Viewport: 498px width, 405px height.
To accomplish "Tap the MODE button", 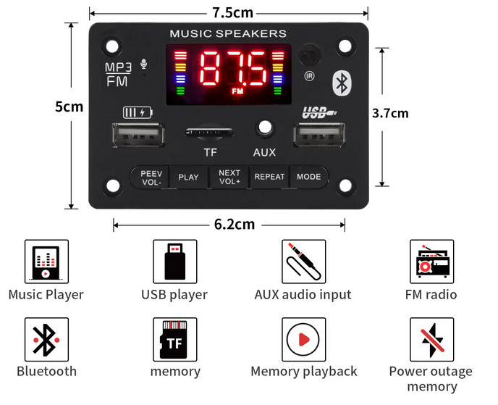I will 308,177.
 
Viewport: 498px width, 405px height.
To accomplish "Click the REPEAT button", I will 269,177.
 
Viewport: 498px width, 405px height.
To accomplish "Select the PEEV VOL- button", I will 151,178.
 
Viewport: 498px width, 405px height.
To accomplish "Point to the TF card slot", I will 210,132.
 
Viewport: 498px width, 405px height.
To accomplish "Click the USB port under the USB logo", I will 319,137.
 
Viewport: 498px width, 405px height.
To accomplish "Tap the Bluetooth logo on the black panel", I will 341,83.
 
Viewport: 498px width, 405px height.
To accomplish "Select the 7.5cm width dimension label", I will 232,13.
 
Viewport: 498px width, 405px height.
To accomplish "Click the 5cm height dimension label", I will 69,107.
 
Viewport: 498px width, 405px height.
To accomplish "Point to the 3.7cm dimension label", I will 390,113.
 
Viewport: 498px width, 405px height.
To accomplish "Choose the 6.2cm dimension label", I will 235,225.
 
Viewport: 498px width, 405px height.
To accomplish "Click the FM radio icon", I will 431,262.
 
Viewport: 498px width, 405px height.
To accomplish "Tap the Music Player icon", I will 46,262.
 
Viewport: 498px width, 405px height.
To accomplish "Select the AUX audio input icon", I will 303,262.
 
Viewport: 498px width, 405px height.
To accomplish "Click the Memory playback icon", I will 303,339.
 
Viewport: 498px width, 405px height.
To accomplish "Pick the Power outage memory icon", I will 431,339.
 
